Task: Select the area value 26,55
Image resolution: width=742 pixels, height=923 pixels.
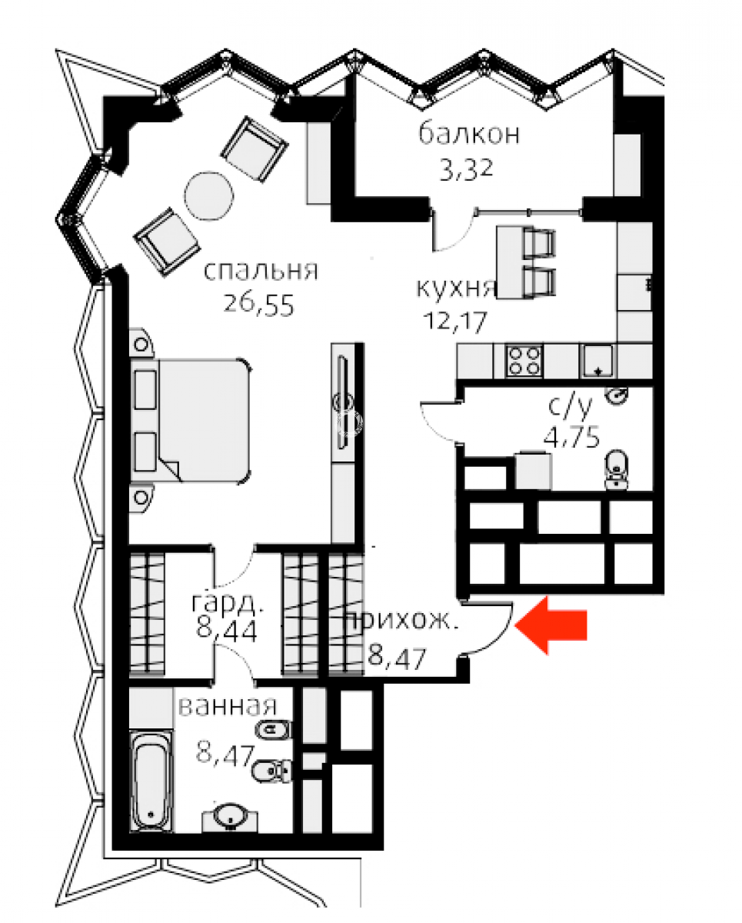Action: click(x=258, y=305)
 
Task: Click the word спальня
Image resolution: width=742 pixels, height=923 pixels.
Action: click(x=261, y=271)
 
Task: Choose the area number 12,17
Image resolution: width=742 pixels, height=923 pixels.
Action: click(x=455, y=321)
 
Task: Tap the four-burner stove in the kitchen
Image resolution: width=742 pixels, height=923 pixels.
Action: click(x=524, y=362)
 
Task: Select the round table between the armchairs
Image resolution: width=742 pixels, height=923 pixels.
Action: click(x=210, y=196)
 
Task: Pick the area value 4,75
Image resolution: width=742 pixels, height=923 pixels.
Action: click(x=572, y=438)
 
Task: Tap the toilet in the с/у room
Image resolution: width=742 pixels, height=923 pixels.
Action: click(x=617, y=469)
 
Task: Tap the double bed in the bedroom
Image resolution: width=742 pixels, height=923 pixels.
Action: click(x=191, y=419)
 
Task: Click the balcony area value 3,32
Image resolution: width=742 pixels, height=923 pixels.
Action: click(x=467, y=170)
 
